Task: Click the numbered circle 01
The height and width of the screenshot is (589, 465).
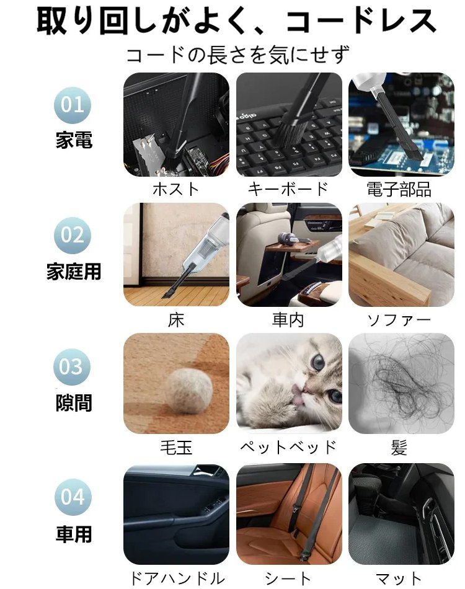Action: point(73,104)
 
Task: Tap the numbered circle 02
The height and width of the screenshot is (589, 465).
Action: point(73,235)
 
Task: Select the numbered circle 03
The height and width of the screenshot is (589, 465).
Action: point(73,367)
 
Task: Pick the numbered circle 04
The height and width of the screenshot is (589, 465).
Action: point(73,497)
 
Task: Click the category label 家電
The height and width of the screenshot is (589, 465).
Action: point(74,140)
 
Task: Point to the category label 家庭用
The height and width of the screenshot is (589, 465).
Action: point(74,272)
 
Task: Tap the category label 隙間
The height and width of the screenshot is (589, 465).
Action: point(74,403)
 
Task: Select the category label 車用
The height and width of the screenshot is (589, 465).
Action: point(74,534)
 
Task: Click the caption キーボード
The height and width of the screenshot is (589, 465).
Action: point(288,189)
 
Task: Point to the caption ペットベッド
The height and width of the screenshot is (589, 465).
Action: point(288,447)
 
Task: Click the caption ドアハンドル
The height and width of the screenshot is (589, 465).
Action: point(177,578)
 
